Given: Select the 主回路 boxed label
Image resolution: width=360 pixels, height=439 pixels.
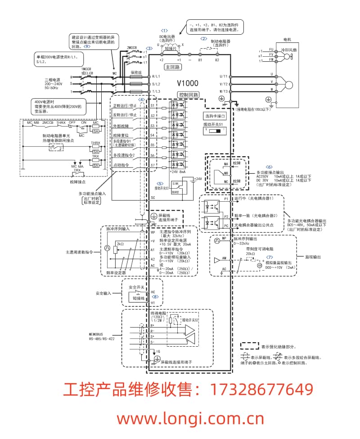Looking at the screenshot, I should coord(173,67).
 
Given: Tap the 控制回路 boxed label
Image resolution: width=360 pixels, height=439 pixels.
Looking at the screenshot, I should coord(189,95).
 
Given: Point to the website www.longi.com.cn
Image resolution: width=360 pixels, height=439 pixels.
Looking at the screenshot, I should coord(190,419).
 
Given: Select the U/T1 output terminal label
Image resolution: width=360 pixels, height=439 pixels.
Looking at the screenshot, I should coord(224,77).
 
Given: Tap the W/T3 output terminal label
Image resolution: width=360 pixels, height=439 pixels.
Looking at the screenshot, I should coord(224,91).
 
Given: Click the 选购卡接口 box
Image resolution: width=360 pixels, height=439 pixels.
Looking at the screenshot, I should coord(214,116).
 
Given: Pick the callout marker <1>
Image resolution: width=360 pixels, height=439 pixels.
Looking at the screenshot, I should coord(165,30).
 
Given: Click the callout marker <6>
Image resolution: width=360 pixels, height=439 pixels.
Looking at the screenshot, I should coord(270,167).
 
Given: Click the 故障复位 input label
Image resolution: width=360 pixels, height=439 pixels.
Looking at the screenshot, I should coord(121,135).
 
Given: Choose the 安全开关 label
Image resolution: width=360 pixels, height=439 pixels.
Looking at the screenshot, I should coord(136,287).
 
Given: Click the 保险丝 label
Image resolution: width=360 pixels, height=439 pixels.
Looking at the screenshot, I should coord(137,72).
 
